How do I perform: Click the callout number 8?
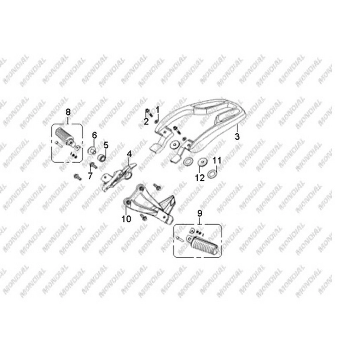(x=68, y=112)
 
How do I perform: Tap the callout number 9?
(x=200, y=213)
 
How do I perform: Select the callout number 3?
(x=237, y=137)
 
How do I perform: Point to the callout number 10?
(x=126, y=219)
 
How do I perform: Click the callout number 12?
(x=200, y=178)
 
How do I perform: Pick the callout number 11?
(x=217, y=160)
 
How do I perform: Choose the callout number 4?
(x=129, y=154)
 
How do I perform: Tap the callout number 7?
(x=90, y=176)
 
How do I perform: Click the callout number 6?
(x=94, y=135)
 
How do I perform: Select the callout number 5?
(x=106, y=145)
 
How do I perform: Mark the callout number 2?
(x=146, y=121)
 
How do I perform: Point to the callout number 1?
(x=157, y=110)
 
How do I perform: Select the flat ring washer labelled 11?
(x=212, y=173)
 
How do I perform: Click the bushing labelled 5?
(x=102, y=158)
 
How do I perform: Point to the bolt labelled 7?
(x=94, y=165)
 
